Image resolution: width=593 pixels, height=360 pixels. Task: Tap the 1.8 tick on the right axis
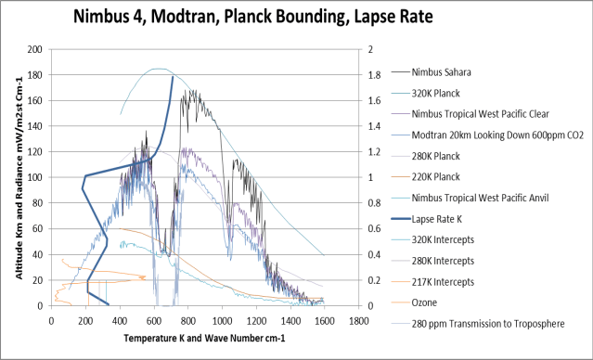pyautogui.click(x=368, y=75)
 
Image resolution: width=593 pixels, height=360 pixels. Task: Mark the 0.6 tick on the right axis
pyautogui.click(x=368, y=229)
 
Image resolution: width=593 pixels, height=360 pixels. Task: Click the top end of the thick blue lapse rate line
pyautogui.click(x=173, y=77)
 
